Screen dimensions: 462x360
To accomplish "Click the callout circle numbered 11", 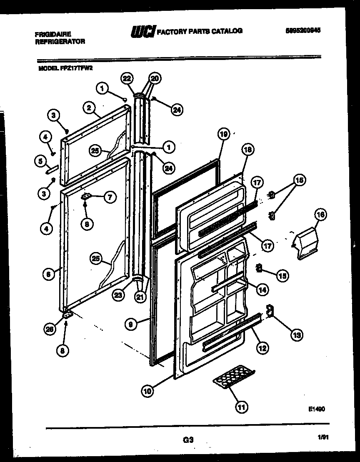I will tap(240, 407).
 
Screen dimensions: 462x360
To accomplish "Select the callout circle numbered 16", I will tap(320, 215).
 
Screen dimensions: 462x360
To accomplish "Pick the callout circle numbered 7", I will tap(110, 198).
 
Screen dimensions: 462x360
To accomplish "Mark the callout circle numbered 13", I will tap(297, 334).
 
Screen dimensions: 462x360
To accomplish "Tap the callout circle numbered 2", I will tap(88, 107).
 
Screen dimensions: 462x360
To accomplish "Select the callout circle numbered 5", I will tap(40, 160).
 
